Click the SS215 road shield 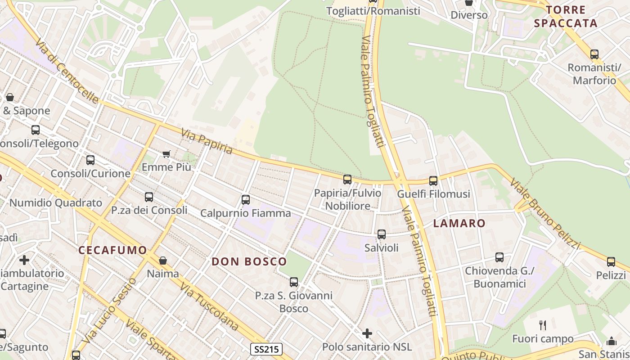click(266, 349)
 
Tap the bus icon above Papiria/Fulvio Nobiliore click(347, 180)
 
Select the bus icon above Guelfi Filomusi click(433, 181)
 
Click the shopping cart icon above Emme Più click(166, 154)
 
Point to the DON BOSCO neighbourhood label click(249, 261)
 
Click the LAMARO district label click(459, 223)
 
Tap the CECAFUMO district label click(112, 251)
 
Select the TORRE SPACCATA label click(566, 17)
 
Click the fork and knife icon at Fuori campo click(543, 325)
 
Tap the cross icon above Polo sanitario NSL click(367, 333)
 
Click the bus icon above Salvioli click(382, 234)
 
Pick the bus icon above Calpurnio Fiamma click(246, 200)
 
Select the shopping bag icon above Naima click(163, 261)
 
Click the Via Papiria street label click(207, 141)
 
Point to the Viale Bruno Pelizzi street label click(545, 213)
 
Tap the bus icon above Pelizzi click(611, 262)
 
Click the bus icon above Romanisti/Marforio click(594, 54)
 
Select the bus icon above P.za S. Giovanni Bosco click(294, 282)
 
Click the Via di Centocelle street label click(67, 71)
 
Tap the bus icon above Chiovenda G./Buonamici click(499, 257)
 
